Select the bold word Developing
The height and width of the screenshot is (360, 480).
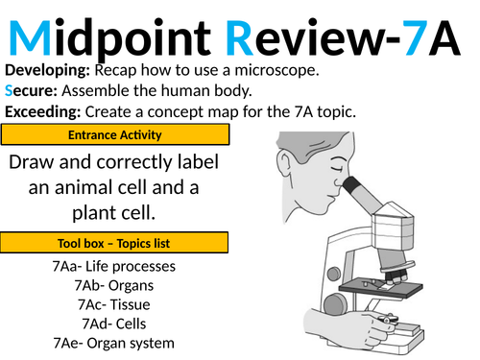point(44,72)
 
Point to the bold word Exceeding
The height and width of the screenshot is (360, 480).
point(41,112)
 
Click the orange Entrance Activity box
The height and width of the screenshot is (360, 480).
point(114,134)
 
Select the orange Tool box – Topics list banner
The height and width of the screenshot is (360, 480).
point(114,242)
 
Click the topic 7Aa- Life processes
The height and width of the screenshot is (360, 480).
point(115,266)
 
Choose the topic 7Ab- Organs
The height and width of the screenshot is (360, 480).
point(115,285)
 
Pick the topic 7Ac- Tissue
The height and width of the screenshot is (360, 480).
point(115,304)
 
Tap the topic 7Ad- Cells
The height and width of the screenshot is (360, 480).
point(115,324)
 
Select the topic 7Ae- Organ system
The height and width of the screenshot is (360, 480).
point(115,343)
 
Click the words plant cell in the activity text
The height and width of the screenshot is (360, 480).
point(114,210)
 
